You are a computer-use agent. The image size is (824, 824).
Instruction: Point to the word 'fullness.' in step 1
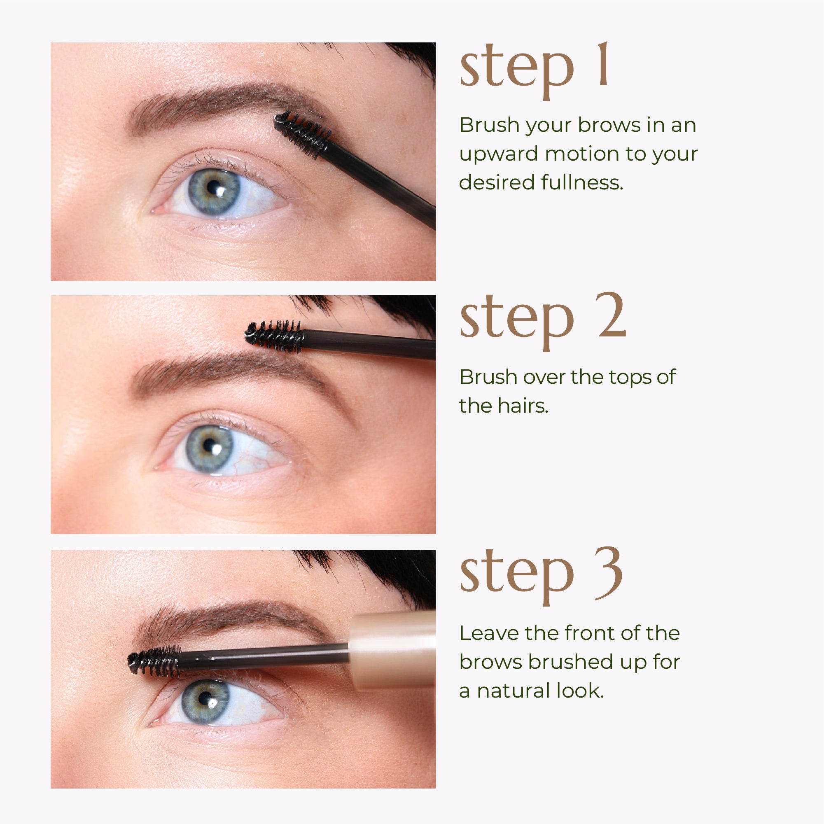pos(582,182)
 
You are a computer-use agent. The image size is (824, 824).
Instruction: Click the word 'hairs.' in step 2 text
pos(523,406)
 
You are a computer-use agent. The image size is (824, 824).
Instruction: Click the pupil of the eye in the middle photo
pos(208,445)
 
